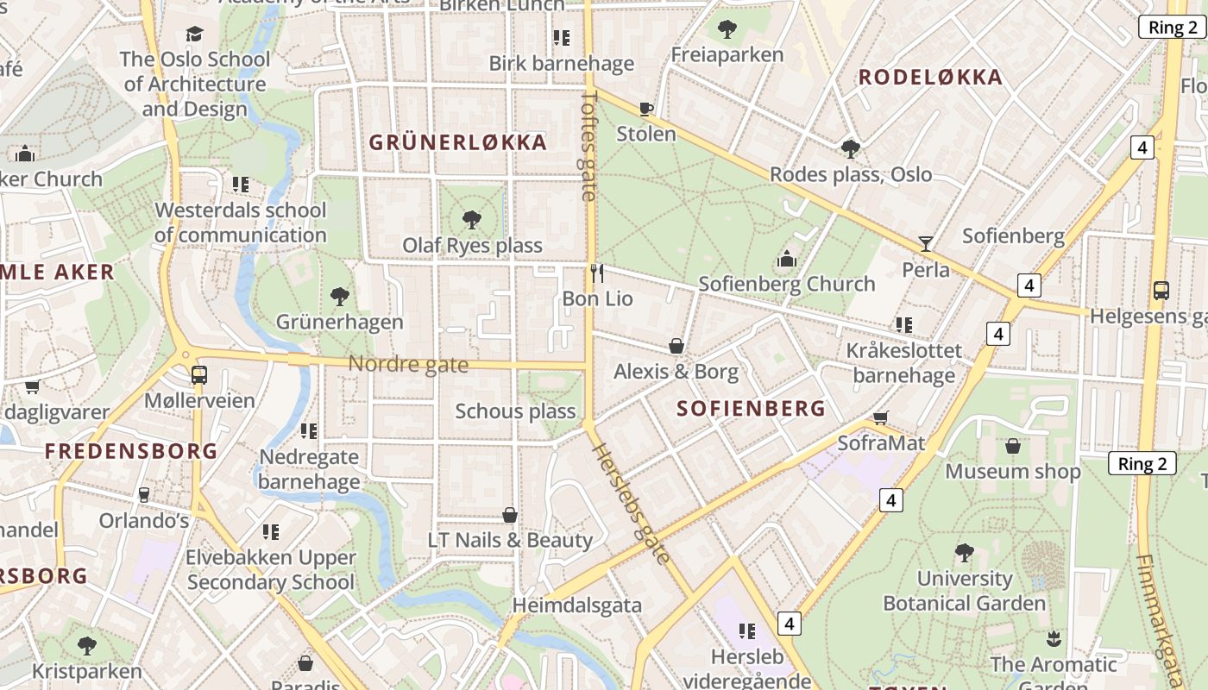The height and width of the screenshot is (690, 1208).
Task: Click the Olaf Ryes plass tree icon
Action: pos(472,220)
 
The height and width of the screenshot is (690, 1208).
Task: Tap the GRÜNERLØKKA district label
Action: pos(458,142)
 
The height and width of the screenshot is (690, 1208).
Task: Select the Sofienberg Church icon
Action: pos(786,259)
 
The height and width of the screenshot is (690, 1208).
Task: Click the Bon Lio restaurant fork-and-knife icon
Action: pos(597,273)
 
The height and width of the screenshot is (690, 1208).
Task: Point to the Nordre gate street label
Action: pos(408,365)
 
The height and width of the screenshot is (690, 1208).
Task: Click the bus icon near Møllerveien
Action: pos(198,375)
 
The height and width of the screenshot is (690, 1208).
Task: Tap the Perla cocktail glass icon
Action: pos(926,243)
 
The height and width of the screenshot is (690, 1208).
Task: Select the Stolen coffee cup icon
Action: pos(645,109)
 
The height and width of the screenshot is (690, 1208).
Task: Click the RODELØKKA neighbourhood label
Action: pos(930,78)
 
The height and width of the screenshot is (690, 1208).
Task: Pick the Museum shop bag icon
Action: pos(1013,446)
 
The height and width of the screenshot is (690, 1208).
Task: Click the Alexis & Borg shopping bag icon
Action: pos(676,346)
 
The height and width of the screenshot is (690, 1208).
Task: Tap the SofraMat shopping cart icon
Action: pos(880,418)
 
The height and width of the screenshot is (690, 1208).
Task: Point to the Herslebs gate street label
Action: pos(630,504)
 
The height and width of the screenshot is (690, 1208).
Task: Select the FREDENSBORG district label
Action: pos(131,451)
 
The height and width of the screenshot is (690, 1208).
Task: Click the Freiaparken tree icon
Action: pos(727,29)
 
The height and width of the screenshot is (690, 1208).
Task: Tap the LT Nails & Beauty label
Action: pos(510,541)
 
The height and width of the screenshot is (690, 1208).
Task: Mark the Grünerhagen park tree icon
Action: pos(340,297)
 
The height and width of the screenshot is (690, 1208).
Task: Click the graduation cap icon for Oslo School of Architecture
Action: pos(195,34)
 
